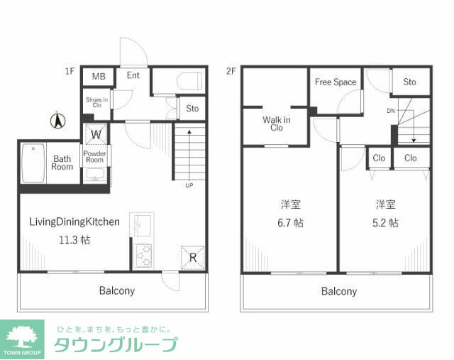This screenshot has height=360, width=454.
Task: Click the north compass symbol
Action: (x=58, y=121)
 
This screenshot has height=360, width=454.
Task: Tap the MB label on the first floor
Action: (x=99, y=76)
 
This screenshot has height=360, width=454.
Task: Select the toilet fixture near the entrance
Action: (x=189, y=82)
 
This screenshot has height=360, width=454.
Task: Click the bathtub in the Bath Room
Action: (x=33, y=163)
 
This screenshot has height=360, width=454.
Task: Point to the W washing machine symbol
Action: (x=96, y=134)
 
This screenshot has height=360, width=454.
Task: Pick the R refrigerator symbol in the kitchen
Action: (x=192, y=257)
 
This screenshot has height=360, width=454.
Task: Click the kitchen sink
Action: (x=142, y=225)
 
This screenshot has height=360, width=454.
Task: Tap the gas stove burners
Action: (x=143, y=256)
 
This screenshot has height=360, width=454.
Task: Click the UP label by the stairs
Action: (x=189, y=185)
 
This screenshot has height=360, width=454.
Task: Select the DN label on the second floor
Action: (x=391, y=111)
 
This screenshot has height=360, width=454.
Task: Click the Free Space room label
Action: (x=336, y=82)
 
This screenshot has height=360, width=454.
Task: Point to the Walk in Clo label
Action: (x=277, y=124)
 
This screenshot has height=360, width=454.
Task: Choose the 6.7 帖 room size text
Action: (x=290, y=223)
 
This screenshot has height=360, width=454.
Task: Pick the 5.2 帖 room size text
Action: (x=385, y=223)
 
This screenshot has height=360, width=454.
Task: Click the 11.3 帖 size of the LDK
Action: (x=74, y=240)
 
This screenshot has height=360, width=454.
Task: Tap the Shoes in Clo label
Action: (x=97, y=102)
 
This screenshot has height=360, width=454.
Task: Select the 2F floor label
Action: (x=231, y=71)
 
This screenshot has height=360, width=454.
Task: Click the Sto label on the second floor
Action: (x=409, y=82)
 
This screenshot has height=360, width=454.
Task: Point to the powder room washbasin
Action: (x=95, y=175)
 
